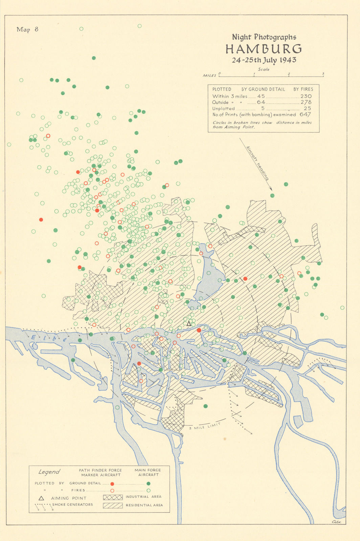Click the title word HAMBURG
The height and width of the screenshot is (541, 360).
tap(264, 49)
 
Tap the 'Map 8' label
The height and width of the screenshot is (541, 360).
tap(27, 29)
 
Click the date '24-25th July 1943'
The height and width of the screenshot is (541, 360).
tap(264, 60)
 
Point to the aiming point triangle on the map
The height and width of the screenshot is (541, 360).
tap(189, 324)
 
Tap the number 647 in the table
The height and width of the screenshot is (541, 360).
tap(305, 115)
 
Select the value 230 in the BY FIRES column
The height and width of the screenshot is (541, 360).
tap(306, 96)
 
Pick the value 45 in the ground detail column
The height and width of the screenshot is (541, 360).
tap(261, 96)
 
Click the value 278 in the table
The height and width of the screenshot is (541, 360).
tap(306, 102)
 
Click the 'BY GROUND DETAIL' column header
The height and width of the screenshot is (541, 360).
tap(263, 89)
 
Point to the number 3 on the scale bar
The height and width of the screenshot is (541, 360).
tap(323, 73)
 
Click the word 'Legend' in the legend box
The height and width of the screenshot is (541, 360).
tap(49, 472)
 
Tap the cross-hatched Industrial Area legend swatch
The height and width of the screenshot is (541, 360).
tap(113, 497)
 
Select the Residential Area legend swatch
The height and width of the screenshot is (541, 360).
tap(113, 505)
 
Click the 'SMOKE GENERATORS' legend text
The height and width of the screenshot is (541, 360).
tap(72, 504)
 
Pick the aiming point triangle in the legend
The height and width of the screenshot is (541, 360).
tap(41, 498)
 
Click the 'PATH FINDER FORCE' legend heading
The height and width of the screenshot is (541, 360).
tap(100, 470)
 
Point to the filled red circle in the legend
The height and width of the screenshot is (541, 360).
tap(112, 484)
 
